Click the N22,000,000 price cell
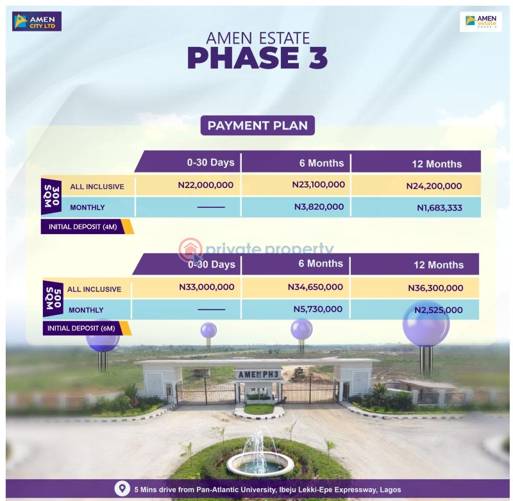pyautogui.click(x=205, y=185)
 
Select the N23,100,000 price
pyautogui.click(x=318, y=185)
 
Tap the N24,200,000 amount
pyautogui.click(x=433, y=186)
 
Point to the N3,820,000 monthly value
pyautogui.click(x=319, y=207)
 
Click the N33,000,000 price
pyautogui.click(x=206, y=287)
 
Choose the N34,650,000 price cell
pyautogui.click(x=315, y=287)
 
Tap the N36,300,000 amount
pyautogui.click(x=435, y=288)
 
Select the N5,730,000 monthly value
pyautogui.click(x=318, y=309)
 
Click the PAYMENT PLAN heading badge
pyautogui.click(x=258, y=125)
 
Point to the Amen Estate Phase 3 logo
pyautogui.click(x=480, y=22)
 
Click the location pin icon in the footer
pyautogui.click(x=120, y=489)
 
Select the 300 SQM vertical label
pyautogui.click(x=53, y=195)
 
